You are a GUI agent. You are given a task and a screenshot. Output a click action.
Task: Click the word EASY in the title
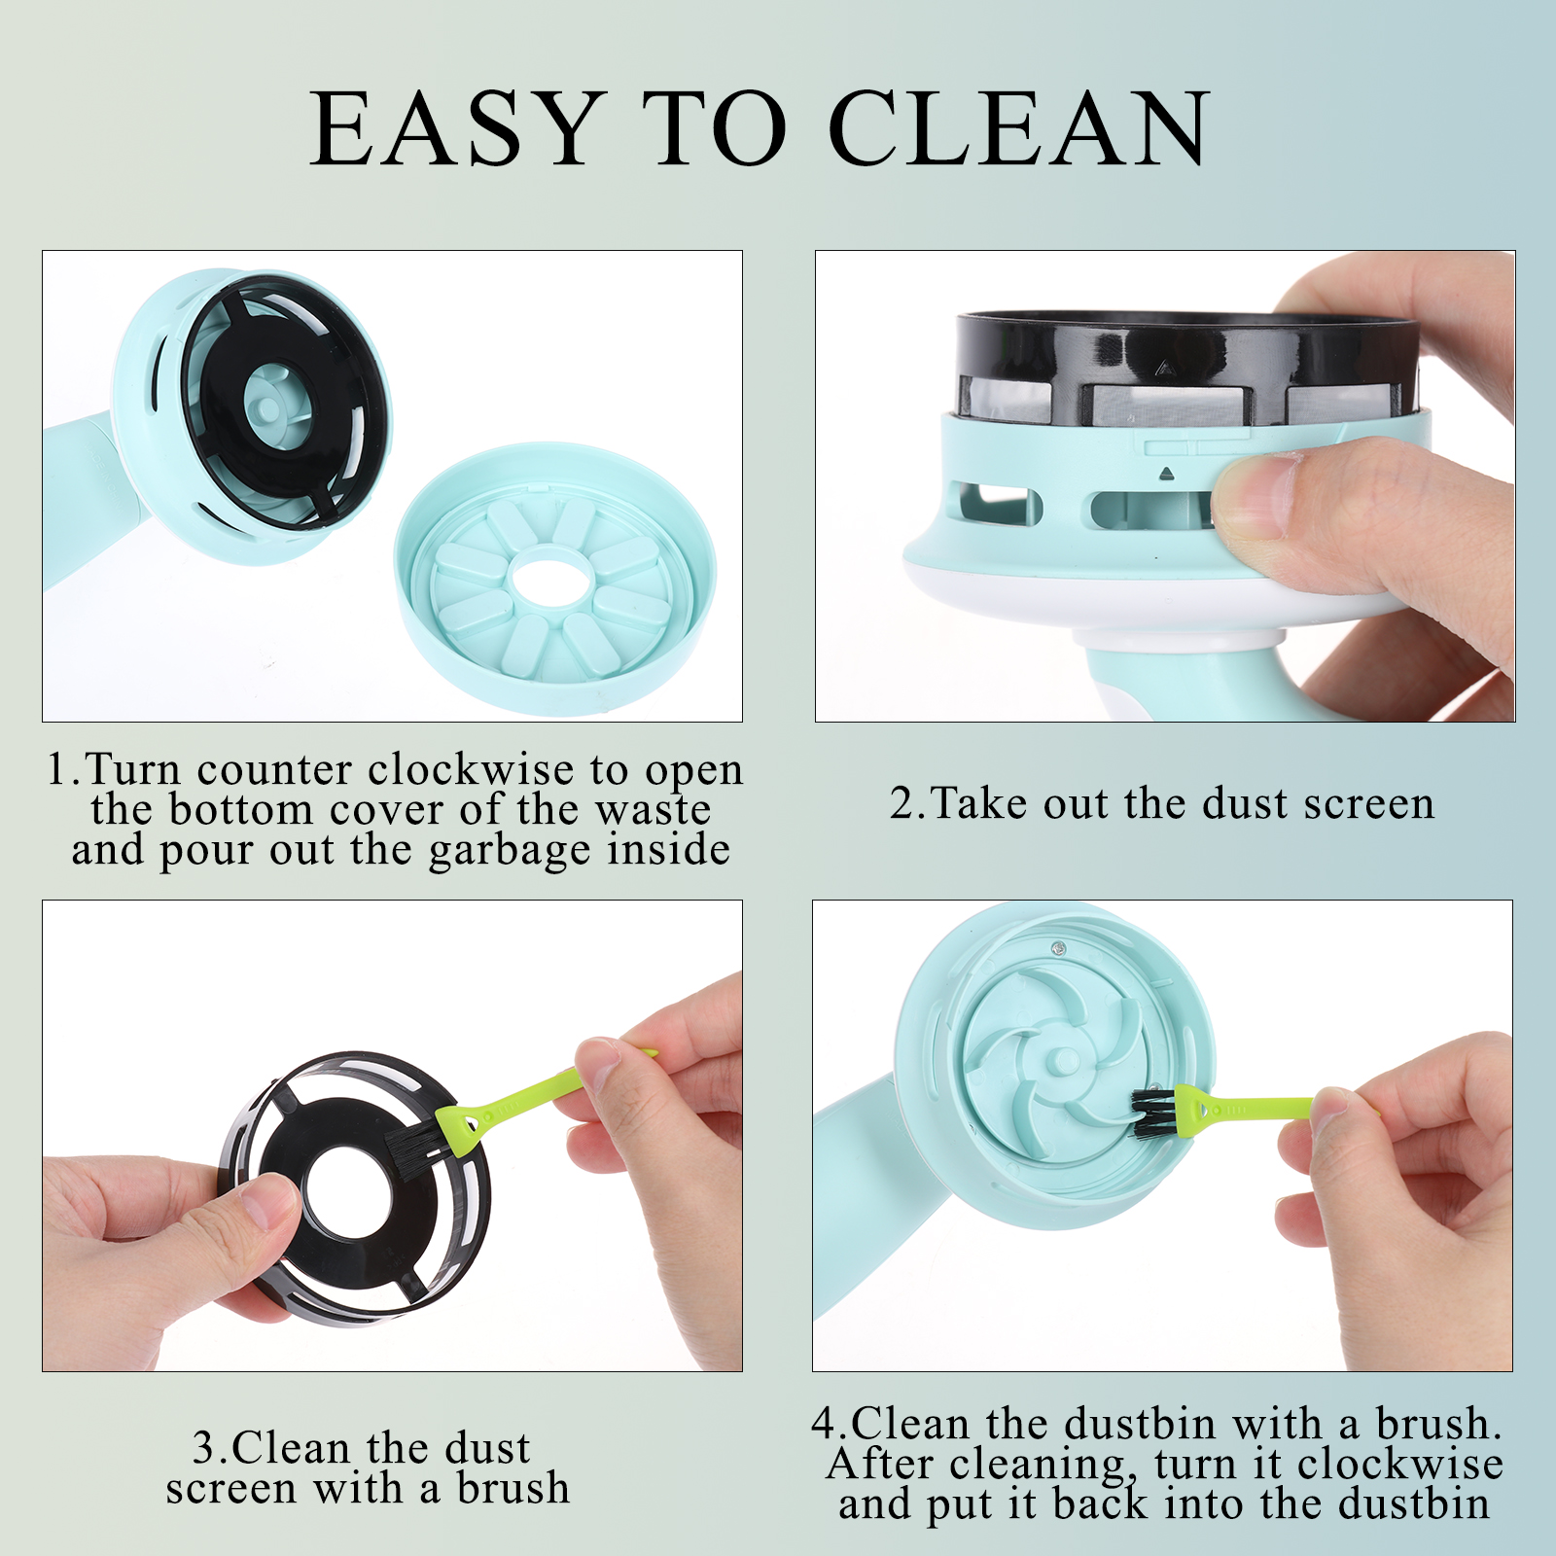click(x=453, y=128)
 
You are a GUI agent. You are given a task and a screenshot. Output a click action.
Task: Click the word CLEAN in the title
click(x=1018, y=128)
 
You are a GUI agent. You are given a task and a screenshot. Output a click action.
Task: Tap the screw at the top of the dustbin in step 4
click(x=1059, y=945)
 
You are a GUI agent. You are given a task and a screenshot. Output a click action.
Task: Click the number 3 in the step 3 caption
click(x=204, y=1448)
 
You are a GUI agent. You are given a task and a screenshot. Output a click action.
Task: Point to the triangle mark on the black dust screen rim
click(x=1160, y=368)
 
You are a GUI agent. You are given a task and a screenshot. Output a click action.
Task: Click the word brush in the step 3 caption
click(x=513, y=1489)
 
